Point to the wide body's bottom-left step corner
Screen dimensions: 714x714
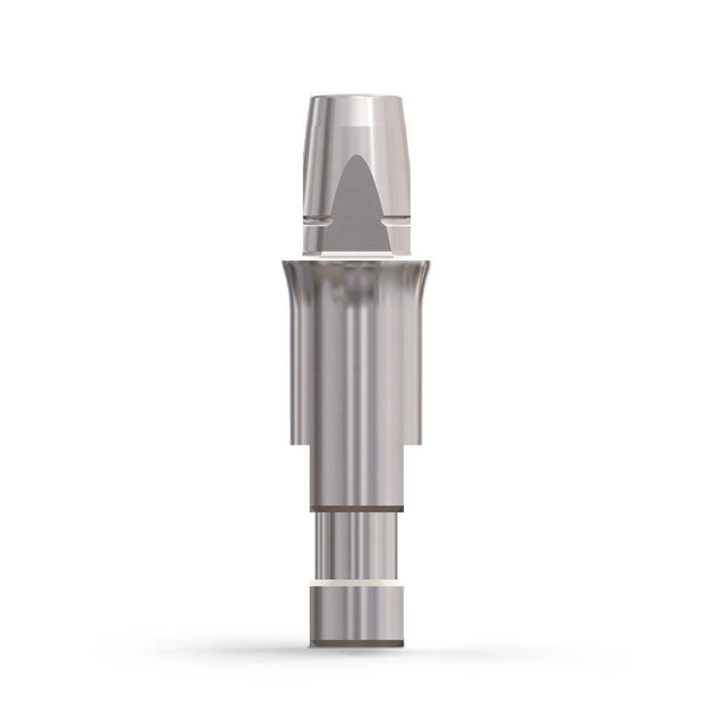(292, 440)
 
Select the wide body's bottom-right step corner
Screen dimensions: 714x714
(420, 440)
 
